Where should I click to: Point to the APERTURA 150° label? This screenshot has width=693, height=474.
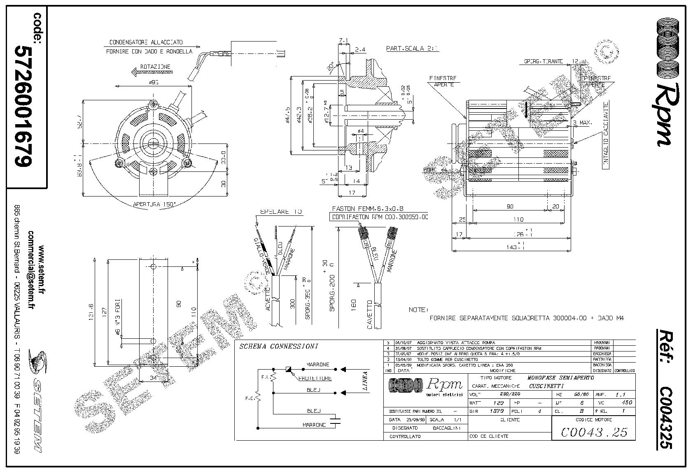pos(154,204)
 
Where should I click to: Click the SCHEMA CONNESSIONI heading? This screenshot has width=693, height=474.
pos(279,347)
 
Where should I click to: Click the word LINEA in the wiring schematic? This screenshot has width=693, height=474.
pos(364,381)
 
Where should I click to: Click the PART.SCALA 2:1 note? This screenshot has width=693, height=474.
pos(412,49)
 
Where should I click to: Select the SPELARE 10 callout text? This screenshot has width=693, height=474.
pos(280,212)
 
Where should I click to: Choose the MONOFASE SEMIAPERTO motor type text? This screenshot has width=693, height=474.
pos(560,377)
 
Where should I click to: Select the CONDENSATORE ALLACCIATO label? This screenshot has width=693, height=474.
pos(146,42)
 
